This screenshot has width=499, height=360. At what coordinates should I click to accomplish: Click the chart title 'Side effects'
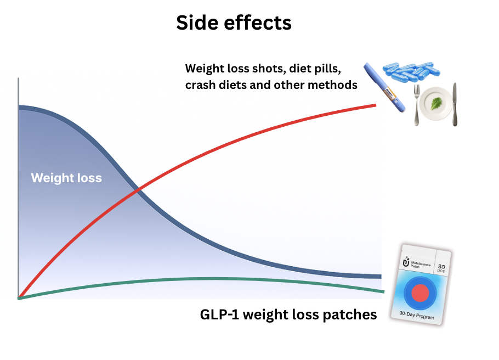[234, 23]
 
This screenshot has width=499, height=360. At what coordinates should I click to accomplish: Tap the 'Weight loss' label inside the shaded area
[66, 178]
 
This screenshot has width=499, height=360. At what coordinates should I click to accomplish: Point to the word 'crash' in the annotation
[201, 85]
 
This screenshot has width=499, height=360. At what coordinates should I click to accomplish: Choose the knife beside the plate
[455, 104]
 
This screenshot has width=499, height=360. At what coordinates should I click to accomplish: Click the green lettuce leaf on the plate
[437, 103]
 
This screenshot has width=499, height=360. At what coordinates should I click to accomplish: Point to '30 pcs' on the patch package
[441, 262]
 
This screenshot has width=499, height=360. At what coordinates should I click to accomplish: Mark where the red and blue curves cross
[137, 190]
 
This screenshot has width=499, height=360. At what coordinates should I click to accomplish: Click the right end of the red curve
[375, 104]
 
